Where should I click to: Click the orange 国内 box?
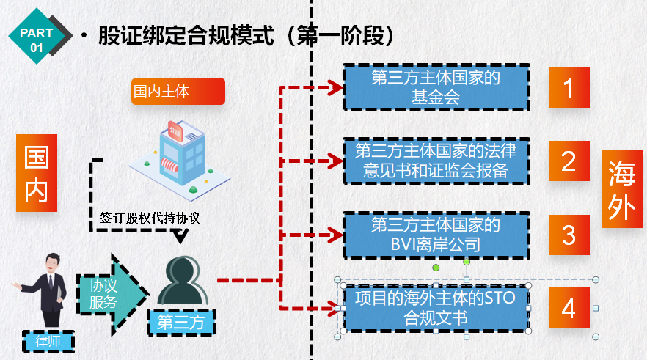coord(36,173)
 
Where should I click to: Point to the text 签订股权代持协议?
coord(150,218)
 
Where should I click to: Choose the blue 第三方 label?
coord(180,320)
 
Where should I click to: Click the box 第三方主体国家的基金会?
coord(436,87)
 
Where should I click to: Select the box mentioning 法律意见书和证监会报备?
coord(436,161)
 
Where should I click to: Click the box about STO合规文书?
coord(436,308)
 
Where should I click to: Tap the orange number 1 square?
coord(569,87)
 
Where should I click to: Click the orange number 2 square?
coord(569,161)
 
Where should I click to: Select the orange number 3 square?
coord(569,235)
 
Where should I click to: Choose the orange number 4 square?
coord(569,308)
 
